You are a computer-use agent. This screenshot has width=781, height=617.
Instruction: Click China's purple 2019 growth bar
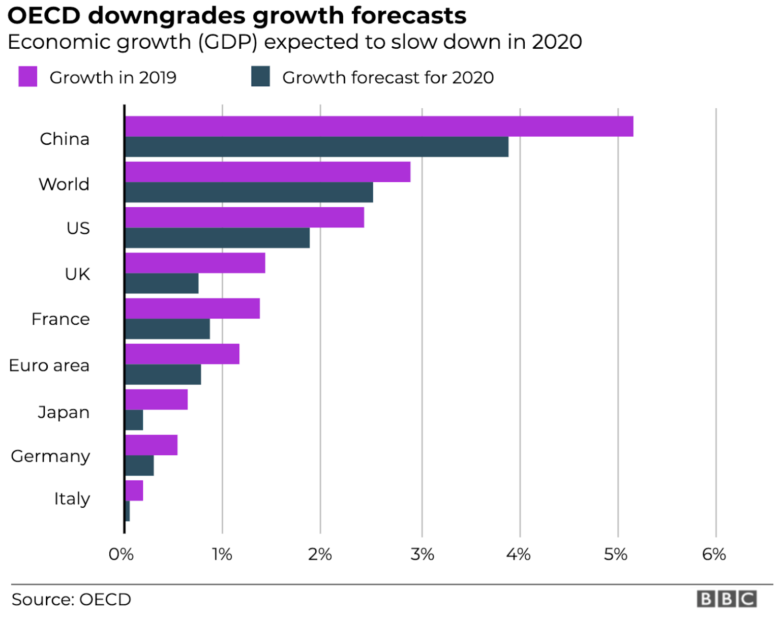[379, 127]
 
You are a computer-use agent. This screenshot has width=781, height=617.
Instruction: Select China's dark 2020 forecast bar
[316, 147]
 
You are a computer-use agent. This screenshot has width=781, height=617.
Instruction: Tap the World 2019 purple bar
[267, 172]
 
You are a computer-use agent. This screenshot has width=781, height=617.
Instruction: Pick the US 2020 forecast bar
[217, 238]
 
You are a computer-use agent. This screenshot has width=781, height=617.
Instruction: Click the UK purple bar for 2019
[195, 263]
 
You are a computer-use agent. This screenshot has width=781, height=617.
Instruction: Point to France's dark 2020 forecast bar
[167, 329]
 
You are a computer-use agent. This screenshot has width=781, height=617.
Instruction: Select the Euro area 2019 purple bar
[182, 354]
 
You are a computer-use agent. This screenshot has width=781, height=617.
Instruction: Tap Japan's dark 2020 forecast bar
[134, 420]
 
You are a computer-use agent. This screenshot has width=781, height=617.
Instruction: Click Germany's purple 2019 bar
[151, 445]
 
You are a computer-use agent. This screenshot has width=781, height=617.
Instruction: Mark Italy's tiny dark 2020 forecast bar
[127, 511]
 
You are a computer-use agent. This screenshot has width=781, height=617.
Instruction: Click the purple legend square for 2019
[27, 77]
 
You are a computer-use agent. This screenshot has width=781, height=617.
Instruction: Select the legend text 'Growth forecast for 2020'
[387, 78]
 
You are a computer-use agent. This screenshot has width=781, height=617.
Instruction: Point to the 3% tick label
[422, 554]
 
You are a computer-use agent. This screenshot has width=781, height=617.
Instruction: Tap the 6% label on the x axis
[714, 554]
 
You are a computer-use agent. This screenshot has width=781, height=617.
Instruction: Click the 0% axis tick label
[121, 554]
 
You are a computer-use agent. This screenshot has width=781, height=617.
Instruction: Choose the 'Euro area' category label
[49, 365]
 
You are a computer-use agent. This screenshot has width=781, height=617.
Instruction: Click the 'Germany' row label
[50, 456]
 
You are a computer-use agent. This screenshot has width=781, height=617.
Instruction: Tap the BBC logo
[727, 599]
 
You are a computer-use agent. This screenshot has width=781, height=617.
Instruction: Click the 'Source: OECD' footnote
[71, 600]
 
